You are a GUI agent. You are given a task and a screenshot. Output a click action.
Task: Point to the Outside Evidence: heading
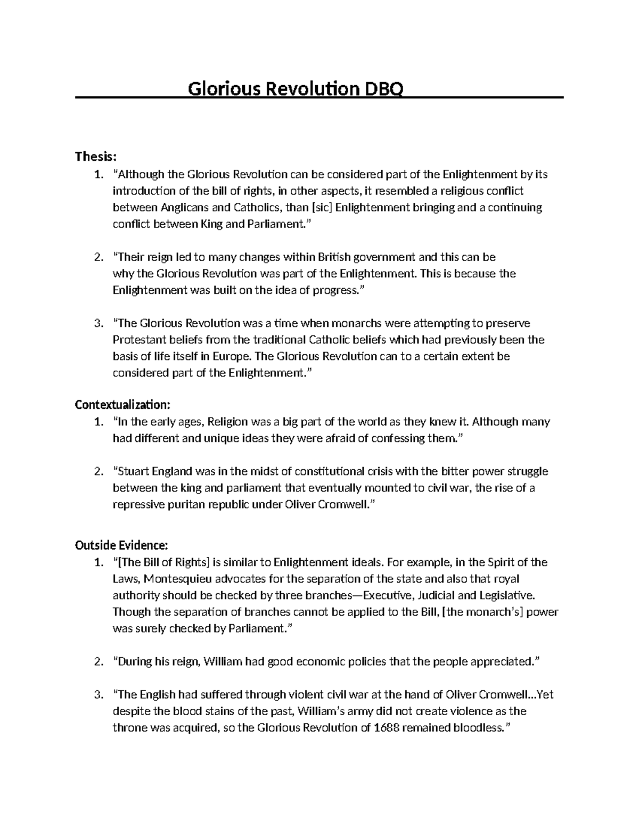point(121,545)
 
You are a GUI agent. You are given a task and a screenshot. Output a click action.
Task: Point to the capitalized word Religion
point(227,422)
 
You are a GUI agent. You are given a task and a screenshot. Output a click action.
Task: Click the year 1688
point(387,727)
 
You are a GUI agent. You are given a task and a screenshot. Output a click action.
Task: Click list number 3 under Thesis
point(97,323)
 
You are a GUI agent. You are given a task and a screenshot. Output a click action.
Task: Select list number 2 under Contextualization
point(97,471)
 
